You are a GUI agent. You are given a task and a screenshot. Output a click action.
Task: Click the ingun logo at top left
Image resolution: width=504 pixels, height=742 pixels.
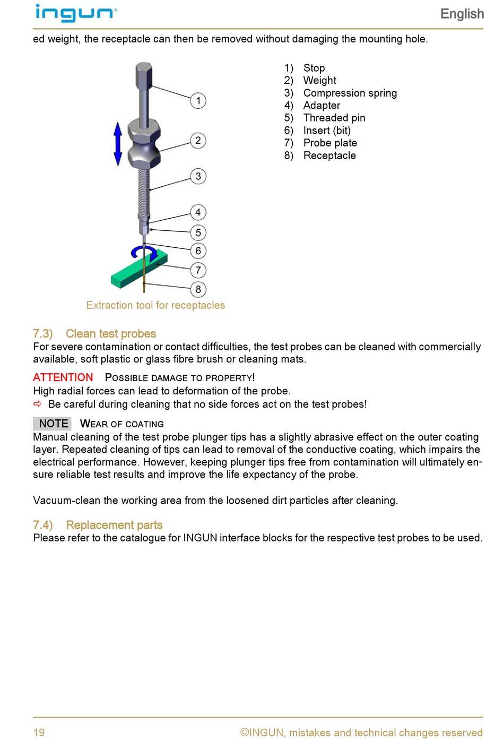75,13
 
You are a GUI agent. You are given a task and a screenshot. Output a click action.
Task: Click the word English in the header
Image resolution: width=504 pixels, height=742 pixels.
462,14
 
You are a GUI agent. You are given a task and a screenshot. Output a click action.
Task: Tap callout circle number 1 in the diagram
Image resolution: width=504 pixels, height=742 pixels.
198,100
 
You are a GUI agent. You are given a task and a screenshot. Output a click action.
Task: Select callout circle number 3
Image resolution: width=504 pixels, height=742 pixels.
198,176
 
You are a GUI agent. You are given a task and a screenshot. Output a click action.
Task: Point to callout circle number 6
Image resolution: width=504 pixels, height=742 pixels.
198,251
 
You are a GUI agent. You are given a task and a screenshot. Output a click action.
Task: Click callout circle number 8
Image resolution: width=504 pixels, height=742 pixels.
198,289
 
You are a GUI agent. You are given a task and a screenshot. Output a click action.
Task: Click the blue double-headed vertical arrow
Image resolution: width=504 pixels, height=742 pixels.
118,143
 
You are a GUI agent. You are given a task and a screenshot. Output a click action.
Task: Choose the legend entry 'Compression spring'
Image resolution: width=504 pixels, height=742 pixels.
350,93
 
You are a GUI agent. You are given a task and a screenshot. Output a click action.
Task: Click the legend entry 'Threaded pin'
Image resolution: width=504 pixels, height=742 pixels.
334,118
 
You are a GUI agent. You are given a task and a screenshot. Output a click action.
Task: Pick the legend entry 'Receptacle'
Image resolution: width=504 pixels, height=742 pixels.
329,156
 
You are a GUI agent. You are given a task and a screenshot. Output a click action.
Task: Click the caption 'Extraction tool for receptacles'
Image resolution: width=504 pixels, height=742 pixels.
155,305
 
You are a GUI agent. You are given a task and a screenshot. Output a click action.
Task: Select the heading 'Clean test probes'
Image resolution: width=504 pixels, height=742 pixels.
110,334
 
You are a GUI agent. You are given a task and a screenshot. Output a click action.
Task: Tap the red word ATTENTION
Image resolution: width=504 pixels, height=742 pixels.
63,377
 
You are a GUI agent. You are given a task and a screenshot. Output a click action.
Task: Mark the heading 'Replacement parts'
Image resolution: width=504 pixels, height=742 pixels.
114,525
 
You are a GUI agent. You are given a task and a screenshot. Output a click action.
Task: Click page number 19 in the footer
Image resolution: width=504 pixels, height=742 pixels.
39,732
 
